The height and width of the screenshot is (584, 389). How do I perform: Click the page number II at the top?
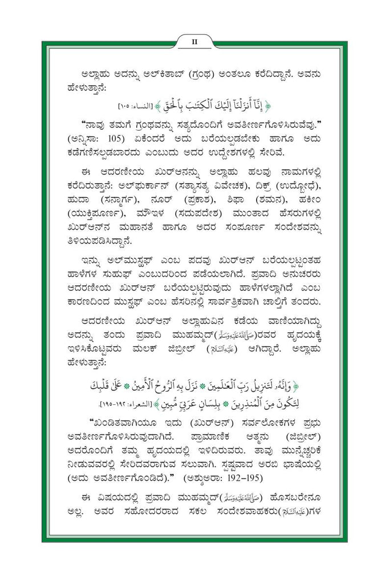tap(195, 40)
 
